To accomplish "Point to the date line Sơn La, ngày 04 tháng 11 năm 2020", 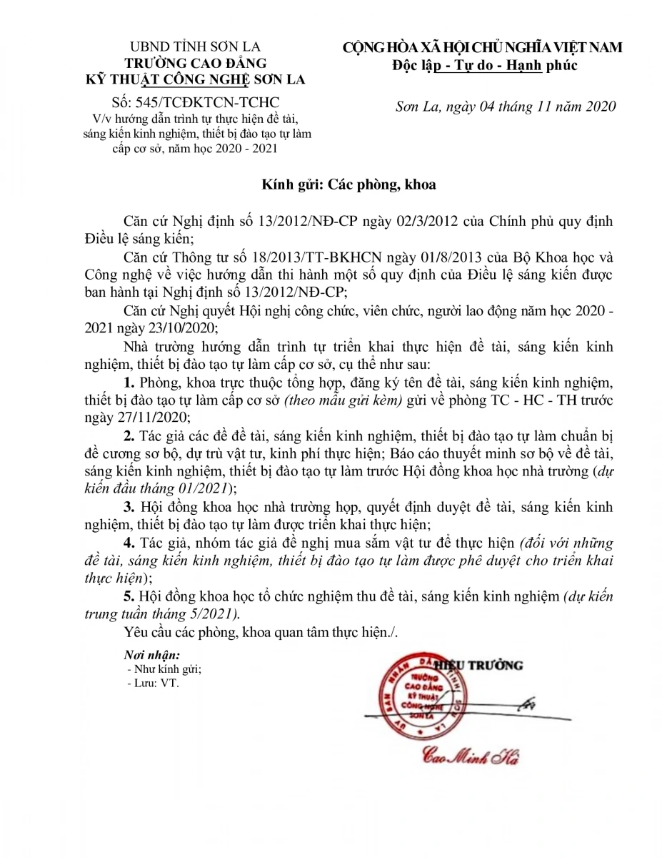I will pos(506,107).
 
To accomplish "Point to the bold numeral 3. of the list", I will pos(129,508).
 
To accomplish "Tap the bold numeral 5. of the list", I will pos(129,597).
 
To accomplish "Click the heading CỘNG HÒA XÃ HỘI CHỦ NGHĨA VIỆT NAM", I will pos(483,48).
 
